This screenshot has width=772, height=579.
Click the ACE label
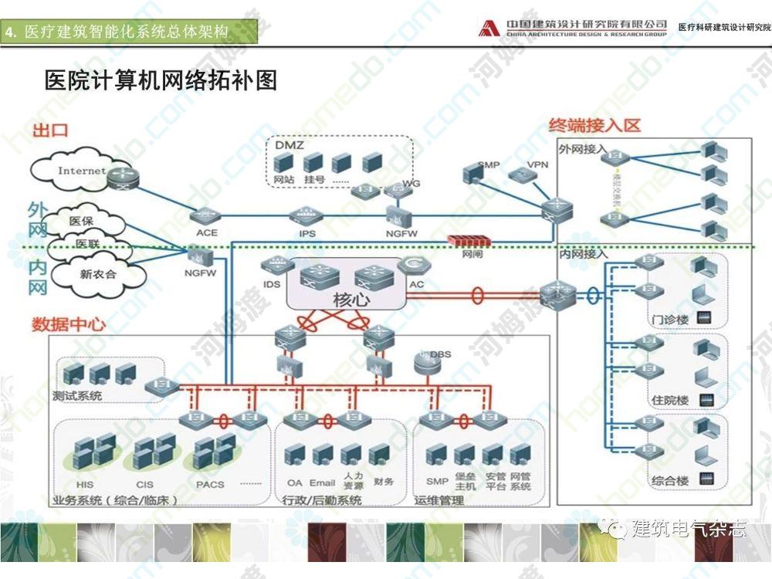point(207,232)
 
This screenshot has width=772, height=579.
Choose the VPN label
point(537,165)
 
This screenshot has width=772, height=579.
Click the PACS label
point(210,485)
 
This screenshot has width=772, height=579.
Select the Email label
point(322,483)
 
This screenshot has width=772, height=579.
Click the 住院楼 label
point(669,401)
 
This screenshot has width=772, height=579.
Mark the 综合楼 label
point(669,481)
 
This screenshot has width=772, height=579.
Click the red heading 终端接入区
point(594,125)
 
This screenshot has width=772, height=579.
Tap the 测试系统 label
point(77,397)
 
